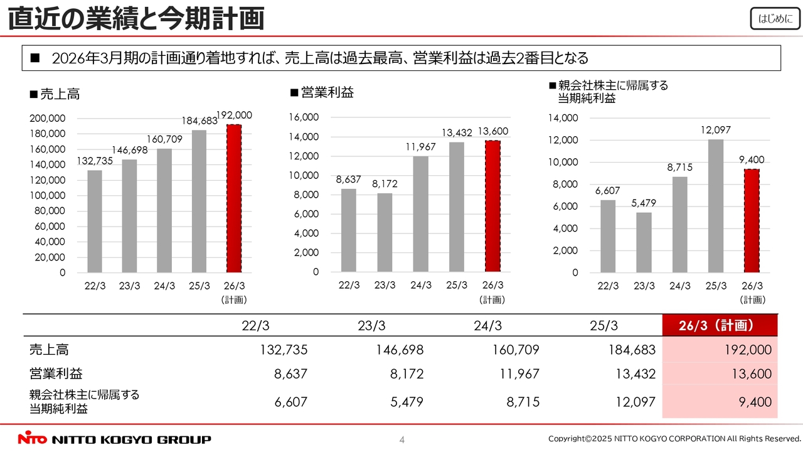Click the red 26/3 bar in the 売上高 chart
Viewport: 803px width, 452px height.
click(x=233, y=198)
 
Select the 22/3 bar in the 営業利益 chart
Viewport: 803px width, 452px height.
click(x=349, y=230)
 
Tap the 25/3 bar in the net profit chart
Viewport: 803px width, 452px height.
click(x=716, y=206)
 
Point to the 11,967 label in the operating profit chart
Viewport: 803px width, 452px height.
click(x=420, y=147)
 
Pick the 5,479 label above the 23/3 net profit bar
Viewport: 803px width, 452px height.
click(x=644, y=203)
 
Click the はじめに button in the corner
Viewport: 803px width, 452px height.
click(x=775, y=19)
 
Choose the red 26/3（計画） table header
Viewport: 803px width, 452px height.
click(x=720, y=326)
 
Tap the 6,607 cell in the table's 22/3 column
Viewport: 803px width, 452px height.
click(x=291, y=402)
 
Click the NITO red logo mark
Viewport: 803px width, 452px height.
click(x=32, y=439)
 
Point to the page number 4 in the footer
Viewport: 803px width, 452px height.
click(x=402, y=439)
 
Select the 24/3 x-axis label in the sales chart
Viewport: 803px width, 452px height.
click(x=164, y=286)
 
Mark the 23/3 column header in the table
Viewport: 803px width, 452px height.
click(x=372, y=326)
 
